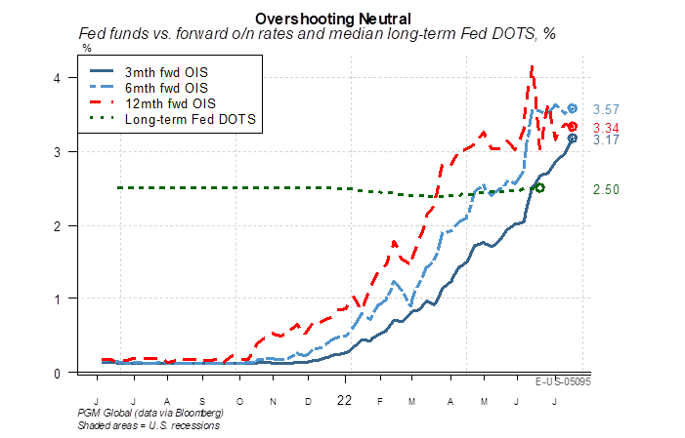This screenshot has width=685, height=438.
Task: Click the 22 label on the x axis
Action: [343, 400]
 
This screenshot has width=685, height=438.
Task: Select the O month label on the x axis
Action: [239, 401]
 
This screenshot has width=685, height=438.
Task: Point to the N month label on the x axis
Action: [274, 401]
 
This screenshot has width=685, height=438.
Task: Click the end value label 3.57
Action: [608, 109]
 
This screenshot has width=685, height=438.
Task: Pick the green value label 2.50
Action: [608, 188]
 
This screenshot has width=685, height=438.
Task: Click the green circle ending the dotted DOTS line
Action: [539, 187]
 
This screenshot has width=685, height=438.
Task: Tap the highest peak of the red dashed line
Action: [532, 66]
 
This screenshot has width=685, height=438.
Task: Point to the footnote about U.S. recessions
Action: [149, 424]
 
